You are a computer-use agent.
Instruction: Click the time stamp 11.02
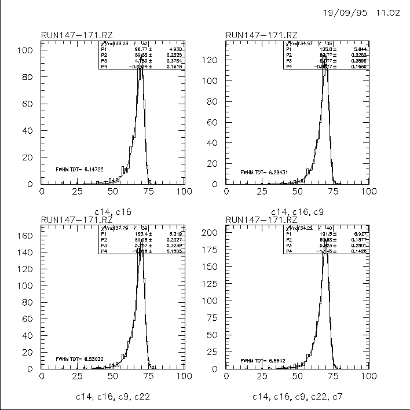[x=388, y=13]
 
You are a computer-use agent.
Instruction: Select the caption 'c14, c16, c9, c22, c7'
[x=296, y=397]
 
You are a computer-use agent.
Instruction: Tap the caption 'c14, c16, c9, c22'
[x=112, y=397]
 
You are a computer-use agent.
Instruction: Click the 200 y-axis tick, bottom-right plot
[x=211, y=232]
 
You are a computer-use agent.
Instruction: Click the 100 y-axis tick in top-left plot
[x=27, y=50]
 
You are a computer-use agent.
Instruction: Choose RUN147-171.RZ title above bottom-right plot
[x=262, y=220]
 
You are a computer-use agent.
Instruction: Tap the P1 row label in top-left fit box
[x=104, y=49]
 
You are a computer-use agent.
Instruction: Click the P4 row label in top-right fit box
[x=289, y=67]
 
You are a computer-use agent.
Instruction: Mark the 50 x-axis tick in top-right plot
[x=297, y=192]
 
